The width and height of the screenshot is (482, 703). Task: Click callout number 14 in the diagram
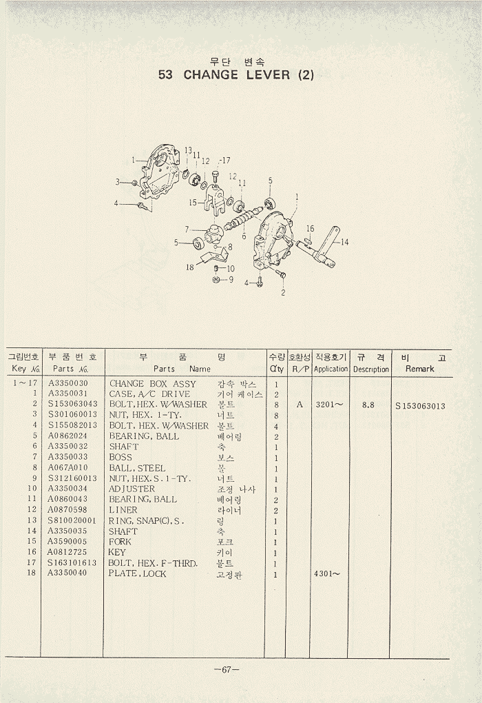click(344, 242)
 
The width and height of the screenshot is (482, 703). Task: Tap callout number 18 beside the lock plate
click(189, 267)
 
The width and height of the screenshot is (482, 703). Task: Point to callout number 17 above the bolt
click(225, 161)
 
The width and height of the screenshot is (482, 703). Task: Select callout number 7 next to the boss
click(187, 228)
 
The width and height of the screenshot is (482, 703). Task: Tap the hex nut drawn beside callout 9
click(216, 281)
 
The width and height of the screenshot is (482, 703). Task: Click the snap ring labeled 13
click(185, 174)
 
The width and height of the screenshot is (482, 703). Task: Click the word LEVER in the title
click(269, 74)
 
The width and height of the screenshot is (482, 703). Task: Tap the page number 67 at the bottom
click(227, 670)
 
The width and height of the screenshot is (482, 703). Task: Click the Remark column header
click(420, 369)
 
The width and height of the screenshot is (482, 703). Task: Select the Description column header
click(371, 369)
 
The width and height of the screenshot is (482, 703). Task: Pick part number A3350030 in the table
click(68, 383)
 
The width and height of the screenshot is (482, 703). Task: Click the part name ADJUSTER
click(132, 489)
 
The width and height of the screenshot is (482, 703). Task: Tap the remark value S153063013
click(420, 406)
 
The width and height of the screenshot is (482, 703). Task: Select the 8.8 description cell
click(368, 405)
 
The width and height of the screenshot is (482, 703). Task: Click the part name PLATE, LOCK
click(137, 573)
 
